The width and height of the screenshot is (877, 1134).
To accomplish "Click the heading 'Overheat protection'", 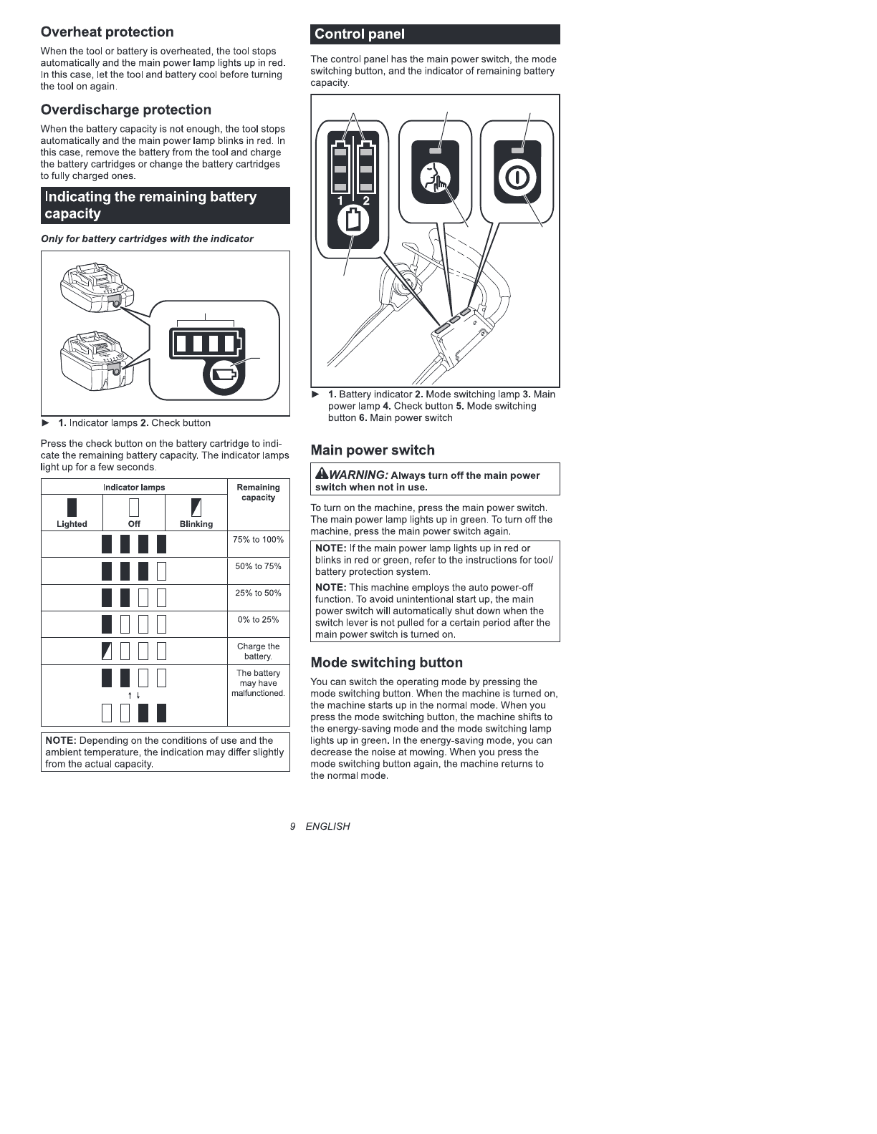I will [x=107, y=32].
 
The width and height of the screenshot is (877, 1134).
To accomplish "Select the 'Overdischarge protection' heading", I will [x=126, y=110].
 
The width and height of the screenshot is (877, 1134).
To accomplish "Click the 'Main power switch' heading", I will [x=373, y=450].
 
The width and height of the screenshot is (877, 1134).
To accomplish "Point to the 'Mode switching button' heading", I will [x=386, y=663].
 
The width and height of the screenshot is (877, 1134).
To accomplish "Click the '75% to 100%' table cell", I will [x=258, y=540].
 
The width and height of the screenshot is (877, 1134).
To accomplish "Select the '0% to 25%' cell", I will [x=258, y=620].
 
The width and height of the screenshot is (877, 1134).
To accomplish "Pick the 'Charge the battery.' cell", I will [x=258, y=651].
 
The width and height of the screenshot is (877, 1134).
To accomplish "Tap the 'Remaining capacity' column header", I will [x=258, y=493].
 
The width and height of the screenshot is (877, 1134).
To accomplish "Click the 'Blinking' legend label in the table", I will [x=196, y=524].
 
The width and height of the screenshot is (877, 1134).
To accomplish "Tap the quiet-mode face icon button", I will [x=435, y=177].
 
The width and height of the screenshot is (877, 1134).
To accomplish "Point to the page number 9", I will [x=293, y=826].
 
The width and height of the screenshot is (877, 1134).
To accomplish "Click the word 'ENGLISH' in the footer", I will [x=327, y=826].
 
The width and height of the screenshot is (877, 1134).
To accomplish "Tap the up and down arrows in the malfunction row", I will [x=134, y=696].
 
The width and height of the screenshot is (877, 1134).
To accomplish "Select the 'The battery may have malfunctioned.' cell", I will [x=258, y=683].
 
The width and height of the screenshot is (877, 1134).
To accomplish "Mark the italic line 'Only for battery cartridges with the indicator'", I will [x=147, y=239].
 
